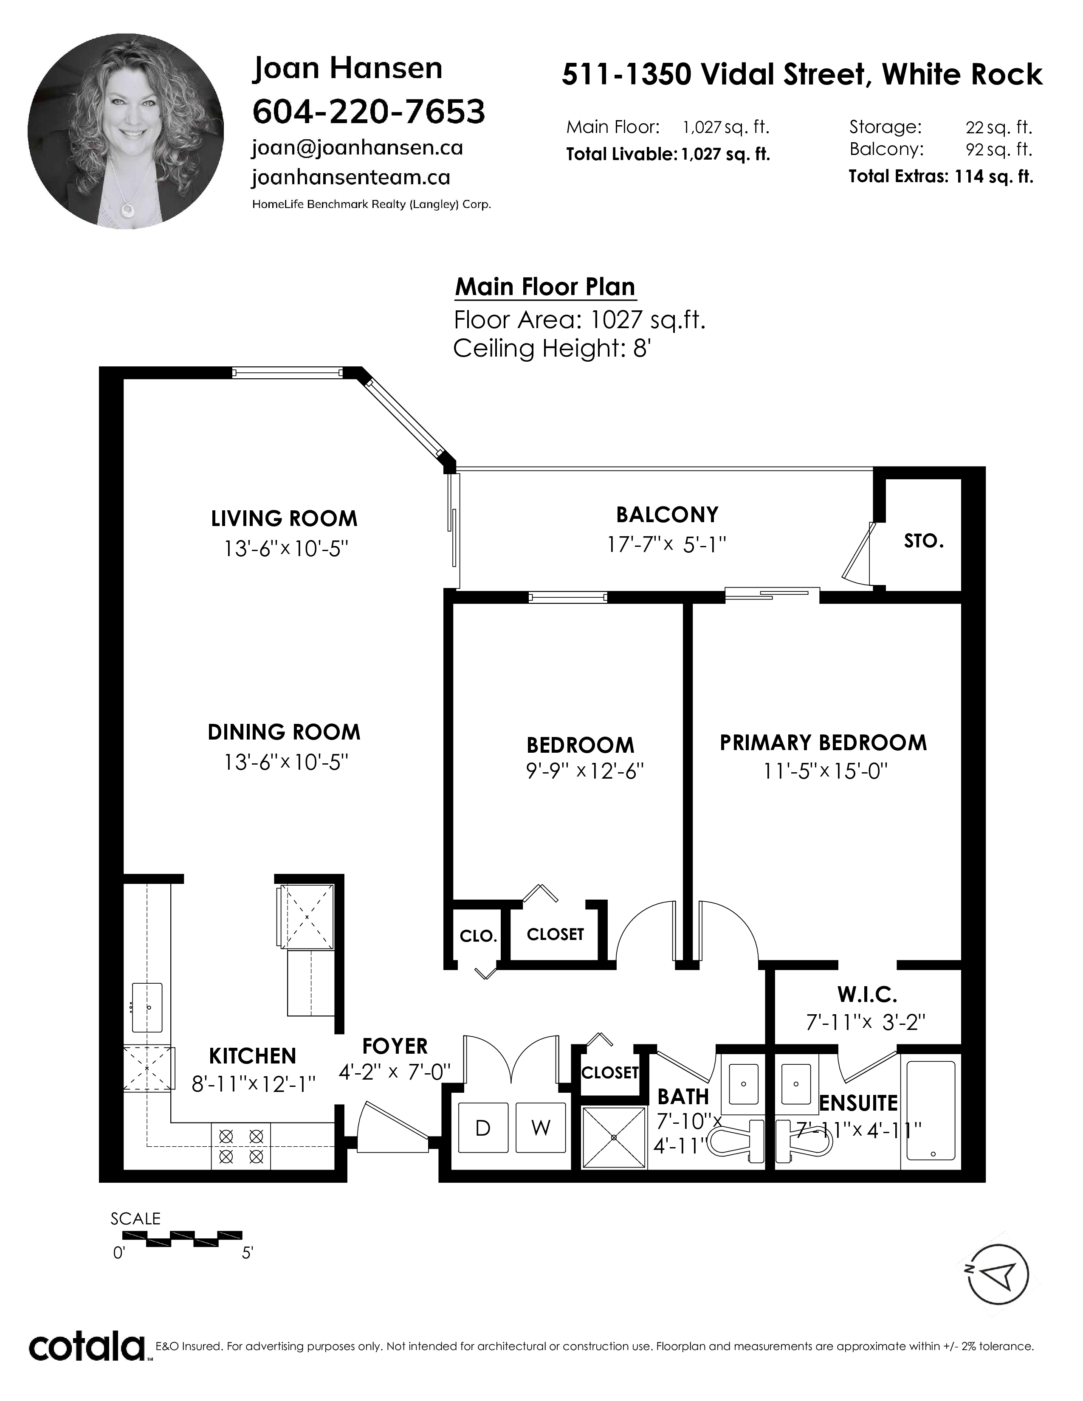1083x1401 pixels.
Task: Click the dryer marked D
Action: (482, 1127)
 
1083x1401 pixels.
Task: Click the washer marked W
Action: (541, 1127)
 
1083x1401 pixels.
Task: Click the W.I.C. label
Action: (867, 995)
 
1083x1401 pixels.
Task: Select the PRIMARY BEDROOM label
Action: (823, 743)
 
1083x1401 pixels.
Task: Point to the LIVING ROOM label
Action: (284, 518)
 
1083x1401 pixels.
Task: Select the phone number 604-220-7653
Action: (369, 112)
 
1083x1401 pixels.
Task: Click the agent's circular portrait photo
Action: (126, 132)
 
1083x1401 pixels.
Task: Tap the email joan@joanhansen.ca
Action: (357, 148)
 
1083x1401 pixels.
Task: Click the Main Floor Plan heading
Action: (545, 287)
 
